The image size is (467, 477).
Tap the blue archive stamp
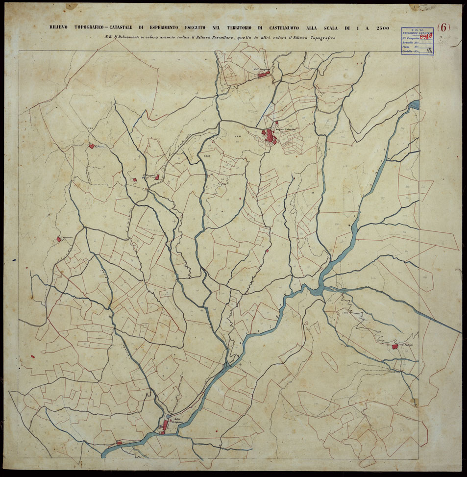(418, 40)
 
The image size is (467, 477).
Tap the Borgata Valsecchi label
(287, 129)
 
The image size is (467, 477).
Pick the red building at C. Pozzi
(91, 146)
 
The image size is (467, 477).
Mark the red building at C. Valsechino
(58, 240)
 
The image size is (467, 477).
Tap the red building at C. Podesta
(394, 347)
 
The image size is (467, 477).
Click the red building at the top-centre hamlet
(267, 72)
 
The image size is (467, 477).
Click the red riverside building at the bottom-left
(119, 442)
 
